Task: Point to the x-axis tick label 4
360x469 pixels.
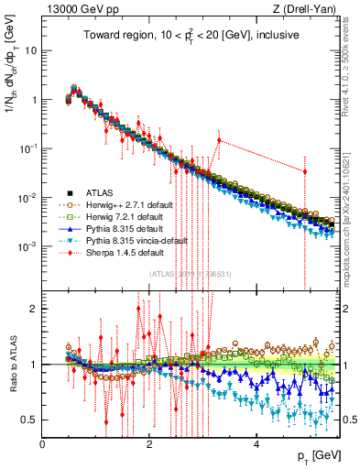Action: [x=256, y=444]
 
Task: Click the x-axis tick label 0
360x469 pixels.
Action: [x=42, y=444]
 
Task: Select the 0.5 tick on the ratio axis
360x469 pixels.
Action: [x=30, y=420]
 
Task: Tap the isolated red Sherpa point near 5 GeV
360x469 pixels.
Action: [x=305, y=171]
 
